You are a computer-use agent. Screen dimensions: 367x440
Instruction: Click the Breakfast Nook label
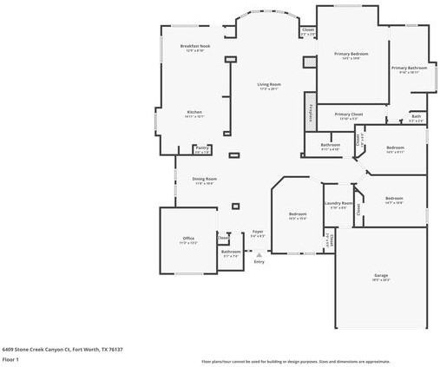tap(192, 46)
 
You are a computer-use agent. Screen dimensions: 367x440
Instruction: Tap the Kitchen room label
tap(194, 112)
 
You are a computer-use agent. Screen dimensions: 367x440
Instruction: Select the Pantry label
tap(201, 147)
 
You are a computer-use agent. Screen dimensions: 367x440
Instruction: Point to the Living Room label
tap(268, 84)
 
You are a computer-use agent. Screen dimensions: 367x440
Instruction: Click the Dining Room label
tap(203, 179)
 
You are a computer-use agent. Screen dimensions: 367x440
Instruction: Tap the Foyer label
tap(258, 232)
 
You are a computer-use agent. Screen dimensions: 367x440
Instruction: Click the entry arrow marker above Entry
tap(258, 254)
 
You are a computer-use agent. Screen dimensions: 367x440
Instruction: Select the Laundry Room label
tap(337, 203)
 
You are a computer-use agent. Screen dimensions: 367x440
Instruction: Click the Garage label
tap(380, 275)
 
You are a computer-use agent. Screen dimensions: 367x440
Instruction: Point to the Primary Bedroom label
tap(351, 54)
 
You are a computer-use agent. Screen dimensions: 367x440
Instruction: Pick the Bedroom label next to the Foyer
tap(297, 213)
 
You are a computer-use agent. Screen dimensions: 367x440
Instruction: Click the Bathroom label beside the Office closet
tap(231, 252)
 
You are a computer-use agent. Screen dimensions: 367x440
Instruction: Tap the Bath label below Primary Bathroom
tap(416, 116)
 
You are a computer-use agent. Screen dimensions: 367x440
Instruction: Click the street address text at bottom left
tap(62, 348)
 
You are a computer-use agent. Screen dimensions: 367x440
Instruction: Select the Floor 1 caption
tap(10, 358)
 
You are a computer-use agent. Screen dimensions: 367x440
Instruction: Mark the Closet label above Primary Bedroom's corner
tap(307, 30)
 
